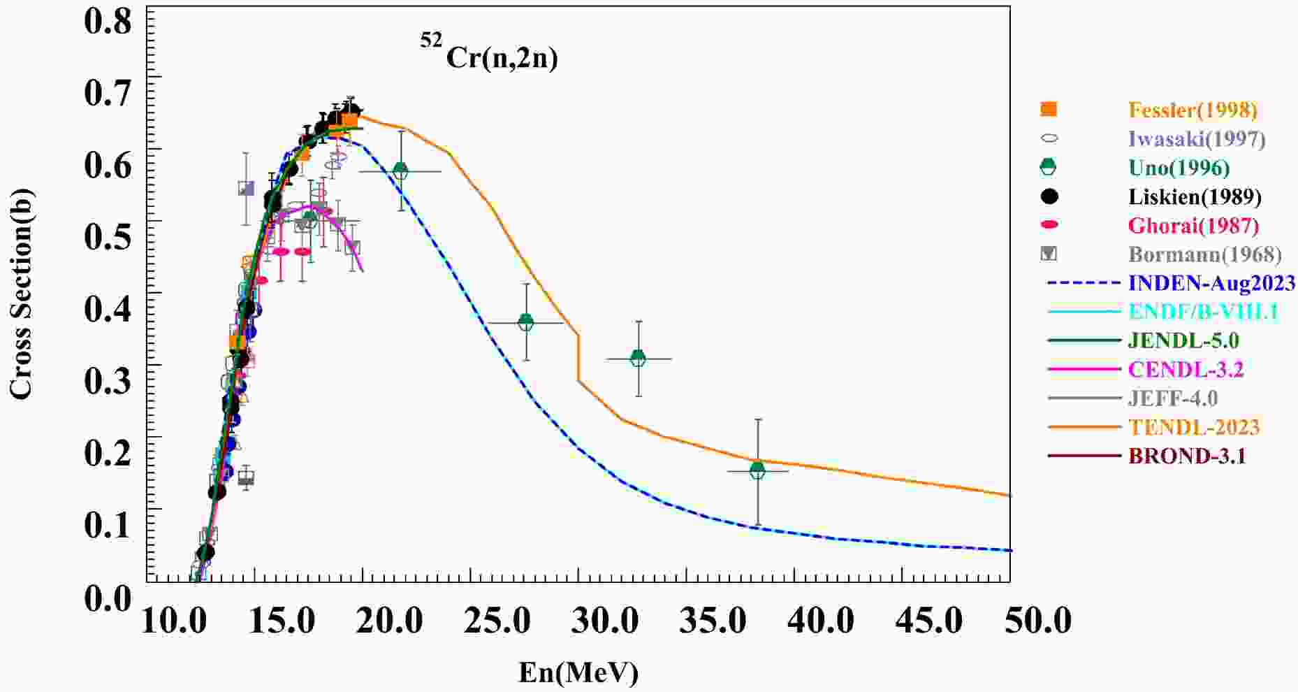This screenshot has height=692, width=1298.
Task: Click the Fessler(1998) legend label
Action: pos(1193,110)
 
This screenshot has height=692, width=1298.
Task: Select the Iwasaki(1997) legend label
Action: pos(1197,139)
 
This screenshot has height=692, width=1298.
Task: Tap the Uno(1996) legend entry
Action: pos(1179,168)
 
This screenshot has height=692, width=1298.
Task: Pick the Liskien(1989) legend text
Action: pos(1195,197)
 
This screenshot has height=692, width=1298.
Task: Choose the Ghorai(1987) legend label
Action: pos(1193,226)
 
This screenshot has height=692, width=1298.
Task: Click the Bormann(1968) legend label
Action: pos(1204,254)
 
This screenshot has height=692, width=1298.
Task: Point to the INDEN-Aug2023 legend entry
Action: pos(1211,283)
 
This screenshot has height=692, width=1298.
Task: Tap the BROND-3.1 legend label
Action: pos(1187,456)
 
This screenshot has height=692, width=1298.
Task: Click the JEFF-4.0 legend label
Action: pos(1172,398)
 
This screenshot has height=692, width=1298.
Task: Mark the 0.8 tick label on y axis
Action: pos(108,21)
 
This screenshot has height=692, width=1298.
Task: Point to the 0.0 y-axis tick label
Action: pos(108,598)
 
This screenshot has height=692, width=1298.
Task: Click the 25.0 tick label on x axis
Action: pos(499,621)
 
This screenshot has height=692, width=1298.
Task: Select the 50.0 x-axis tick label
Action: pos(1037,621)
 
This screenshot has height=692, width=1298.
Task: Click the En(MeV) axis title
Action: pos(578,672)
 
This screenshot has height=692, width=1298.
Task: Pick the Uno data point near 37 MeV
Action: pos(757,471)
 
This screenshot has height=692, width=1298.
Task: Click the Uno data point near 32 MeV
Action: pos(638,359)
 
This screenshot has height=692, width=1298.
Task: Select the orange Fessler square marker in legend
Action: pos(1049,109)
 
